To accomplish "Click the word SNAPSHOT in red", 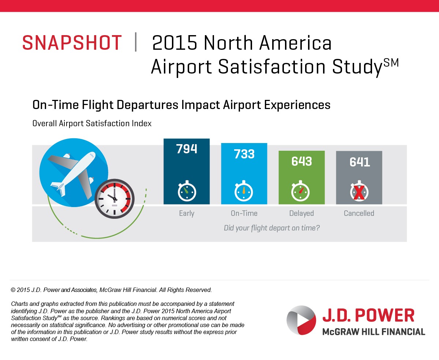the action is point(72,43).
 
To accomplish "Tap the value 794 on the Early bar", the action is point(187,149).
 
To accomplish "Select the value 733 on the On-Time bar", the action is point(244,154).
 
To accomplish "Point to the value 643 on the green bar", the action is point(301,161).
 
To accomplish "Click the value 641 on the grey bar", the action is point(360,162).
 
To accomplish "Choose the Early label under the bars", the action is point(187,213).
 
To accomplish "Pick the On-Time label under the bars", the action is point(244,213).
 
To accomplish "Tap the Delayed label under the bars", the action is point(301,213).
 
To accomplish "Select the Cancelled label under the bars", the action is point(359,213).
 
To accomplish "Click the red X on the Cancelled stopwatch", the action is point(359,192).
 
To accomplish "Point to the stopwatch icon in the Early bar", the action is point(187,191).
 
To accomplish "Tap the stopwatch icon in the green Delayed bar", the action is point(300,191).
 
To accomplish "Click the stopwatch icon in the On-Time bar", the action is point(244,191).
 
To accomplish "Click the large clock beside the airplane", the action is point(115,199).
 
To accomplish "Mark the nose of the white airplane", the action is point(93,154).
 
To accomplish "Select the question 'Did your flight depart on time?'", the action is point(272,228).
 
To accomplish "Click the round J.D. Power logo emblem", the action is point(301,320).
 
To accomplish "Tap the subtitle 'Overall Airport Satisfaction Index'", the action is point(92,123).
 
